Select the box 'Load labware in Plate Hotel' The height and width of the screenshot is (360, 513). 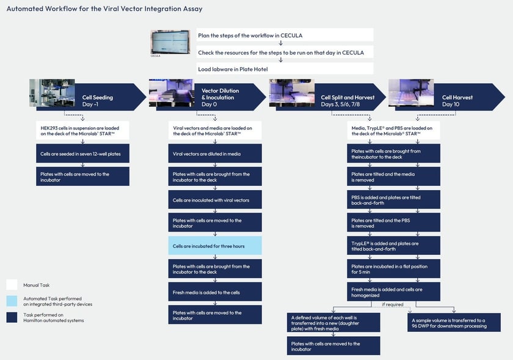285,69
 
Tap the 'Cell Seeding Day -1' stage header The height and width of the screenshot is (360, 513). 98,101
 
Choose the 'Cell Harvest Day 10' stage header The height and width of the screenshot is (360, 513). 457,101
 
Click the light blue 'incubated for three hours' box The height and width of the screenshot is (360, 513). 215,246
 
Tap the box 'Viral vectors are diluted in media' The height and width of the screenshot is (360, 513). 215,154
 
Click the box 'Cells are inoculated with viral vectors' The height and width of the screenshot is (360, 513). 215,200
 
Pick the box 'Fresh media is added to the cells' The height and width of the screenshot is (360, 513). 215,292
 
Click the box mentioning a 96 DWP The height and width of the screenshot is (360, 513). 453,322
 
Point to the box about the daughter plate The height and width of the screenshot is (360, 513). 333,322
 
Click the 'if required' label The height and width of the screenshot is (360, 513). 393,304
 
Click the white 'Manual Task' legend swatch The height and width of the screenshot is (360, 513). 12,285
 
